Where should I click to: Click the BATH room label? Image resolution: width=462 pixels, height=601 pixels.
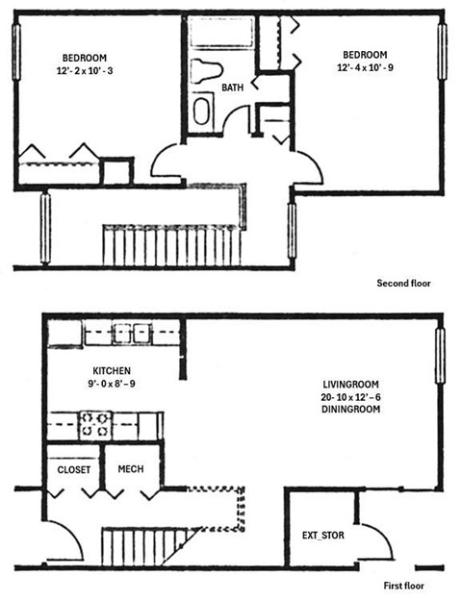(233, 88)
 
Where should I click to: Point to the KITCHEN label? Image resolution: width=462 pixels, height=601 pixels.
(112, 371)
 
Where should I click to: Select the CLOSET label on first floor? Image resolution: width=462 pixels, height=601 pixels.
(73, 469)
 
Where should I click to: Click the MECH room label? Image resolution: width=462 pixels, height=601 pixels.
(131, 469)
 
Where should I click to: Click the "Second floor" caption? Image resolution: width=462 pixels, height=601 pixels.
(404, 284)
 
